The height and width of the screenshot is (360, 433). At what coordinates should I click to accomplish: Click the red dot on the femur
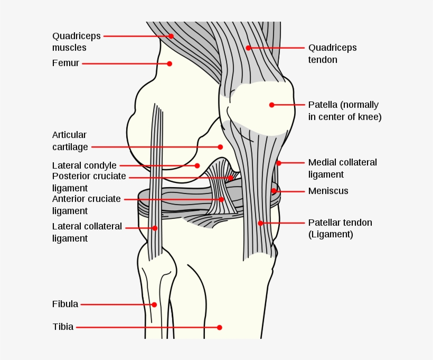coord(170,63)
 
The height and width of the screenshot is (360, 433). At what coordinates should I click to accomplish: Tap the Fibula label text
coord(65,304)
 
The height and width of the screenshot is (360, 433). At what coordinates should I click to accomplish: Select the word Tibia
coord(63,327)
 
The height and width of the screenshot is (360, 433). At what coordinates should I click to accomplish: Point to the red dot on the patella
coord(272,105)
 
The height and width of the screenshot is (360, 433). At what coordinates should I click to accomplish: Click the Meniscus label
coord(328,191)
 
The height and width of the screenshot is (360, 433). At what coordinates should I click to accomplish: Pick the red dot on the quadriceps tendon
coord(248,48)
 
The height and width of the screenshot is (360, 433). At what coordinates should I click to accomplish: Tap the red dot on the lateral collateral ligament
coord(155,228)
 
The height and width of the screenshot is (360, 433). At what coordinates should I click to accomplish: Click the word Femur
coord(65,63)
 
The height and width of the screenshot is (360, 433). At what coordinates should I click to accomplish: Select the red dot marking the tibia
coord(220,327)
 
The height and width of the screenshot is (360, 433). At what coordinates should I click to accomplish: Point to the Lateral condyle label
coord(84,165)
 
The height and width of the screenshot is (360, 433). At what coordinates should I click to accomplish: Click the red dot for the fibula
coord(154,304)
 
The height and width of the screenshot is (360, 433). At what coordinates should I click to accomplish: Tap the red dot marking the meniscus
coord(274,191)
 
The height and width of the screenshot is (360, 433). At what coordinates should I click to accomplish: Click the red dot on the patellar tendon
coord(260,223)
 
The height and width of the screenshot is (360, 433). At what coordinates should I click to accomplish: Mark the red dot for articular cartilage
coord(220,147)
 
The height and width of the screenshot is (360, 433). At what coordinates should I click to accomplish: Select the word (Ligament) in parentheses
coord(331,235)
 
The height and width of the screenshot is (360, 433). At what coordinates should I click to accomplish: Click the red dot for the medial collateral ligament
coord(279,163)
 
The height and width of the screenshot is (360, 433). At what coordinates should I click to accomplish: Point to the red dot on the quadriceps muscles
coord(171,36)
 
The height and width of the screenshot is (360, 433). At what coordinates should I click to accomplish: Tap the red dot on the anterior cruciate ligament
coord(221,199)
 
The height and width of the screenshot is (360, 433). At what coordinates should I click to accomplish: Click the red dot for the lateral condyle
coord(197,165)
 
